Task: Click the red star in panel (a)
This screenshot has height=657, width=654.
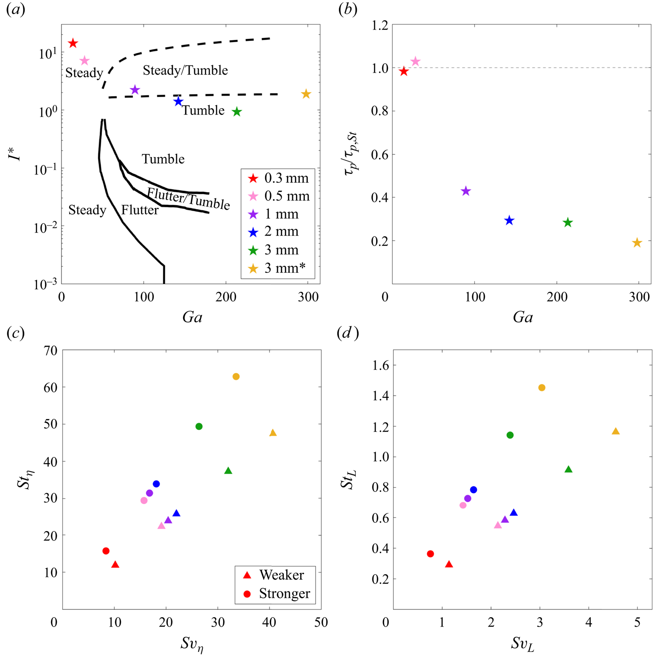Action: pyautogui.click(x=73, y=43)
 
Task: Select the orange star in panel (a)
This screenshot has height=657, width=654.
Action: pyautogui.click(x=306, y=94)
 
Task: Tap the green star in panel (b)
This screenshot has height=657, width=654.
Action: pyautogui.click(x=568, y=223)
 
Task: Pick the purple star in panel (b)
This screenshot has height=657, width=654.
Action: pyautogui.click(x=466, y=191)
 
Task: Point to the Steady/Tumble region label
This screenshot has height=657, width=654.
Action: pyautogui.click(x=185, y=71)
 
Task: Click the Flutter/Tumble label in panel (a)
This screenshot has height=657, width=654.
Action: pyautogui.click(x=188, y=198)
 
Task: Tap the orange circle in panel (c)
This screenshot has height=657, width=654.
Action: pyautogui.click(x=236, y=377)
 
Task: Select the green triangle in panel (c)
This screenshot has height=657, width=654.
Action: pyautogui.click(x=228, y=471)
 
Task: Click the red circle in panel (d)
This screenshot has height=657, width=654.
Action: pyautogui.click(x=430, y=554)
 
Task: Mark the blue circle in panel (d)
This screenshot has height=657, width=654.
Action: pyautogui.click(x=474, y=490)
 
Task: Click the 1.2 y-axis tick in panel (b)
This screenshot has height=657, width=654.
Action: pyautogui.click(x=379, y=25)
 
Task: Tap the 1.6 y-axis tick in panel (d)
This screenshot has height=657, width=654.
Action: pyautogui.click(x=381, y=366)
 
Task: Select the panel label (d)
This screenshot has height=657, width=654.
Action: pyautogui.click(x=347, y=334)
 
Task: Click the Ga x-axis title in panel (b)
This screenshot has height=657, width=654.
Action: pyautogui.click(x=523, y=318)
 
